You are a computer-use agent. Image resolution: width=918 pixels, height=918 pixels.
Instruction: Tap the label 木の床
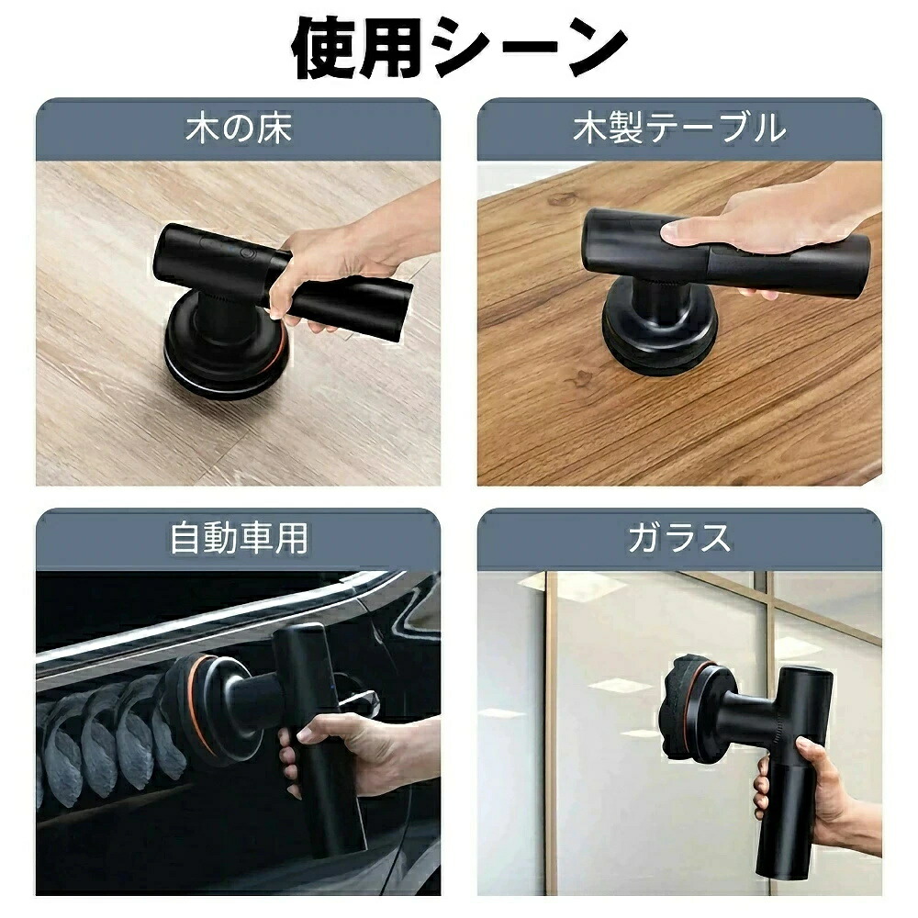pyautogui.click(x=239, y=129)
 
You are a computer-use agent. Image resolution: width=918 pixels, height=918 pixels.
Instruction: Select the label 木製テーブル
pyautogui.click(x=679, y=129)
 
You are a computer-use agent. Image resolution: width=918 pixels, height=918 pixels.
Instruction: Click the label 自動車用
pyautogui.click(x=239, y=538)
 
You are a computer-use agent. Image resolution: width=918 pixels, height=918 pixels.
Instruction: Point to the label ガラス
pyautogui.click(x=679, y=538)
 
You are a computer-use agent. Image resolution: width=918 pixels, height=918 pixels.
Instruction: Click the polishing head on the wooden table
pyautogui.click(x=658, y=330)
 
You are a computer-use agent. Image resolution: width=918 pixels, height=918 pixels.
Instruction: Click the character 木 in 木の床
pyautogui.click(x=202, y=129)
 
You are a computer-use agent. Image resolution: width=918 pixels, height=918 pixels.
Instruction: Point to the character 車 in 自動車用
pyautogui.click(x=256, y=538)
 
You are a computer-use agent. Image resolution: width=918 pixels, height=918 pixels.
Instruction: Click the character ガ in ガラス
pyautogui.click(x=645, y=538)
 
